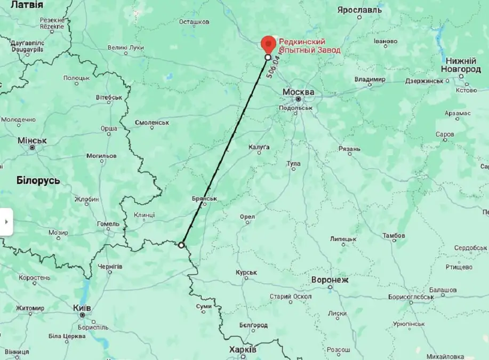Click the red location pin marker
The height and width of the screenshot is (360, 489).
pyautogui.click(x=268, y=44)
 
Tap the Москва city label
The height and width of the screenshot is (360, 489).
pyautogui.click(x=298, y=92)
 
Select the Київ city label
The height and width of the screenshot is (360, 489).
pyautogui.click(x=82, y=308)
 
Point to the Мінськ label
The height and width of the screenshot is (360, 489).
pyautogui.click(x=32, y=140)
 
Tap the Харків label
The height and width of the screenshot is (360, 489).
pyautogui.click(x=243, y=349)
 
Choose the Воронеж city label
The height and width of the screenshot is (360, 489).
pyautogui.click(x=330, y=279)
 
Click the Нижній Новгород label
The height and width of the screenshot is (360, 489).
pyautogui.click(x=461, y=65)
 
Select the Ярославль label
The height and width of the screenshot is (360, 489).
pyautogui.click(x=360, y=10)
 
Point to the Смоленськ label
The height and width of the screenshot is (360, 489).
pyautogui.click(x=152, y=122)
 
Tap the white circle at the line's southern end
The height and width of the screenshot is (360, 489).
pyautogui.click(x=181, y=245)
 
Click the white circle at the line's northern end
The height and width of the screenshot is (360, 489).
pyautogui.click(x=268, y=57)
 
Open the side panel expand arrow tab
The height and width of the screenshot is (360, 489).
pyautogui.click(x=6, y=221)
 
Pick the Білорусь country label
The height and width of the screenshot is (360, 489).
pyautogui.click(x=38, y=180)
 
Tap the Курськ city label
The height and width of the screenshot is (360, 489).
pyautogui.click(x=246, y=273)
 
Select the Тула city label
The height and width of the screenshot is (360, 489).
pyautogui.click(x=293, y=163)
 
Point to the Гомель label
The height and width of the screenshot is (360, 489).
pyautogui.click(x=108, y=224)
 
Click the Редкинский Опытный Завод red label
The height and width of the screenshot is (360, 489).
pyautogui.click(x=310, y=46)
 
